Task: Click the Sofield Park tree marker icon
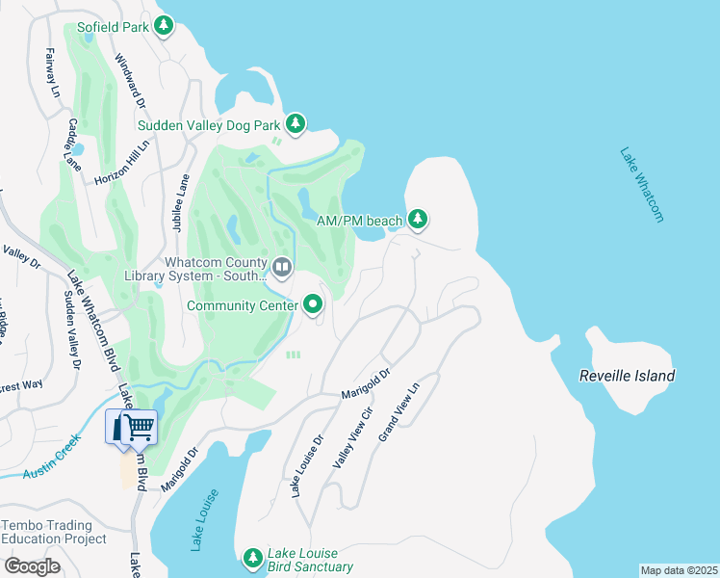click(164, 26)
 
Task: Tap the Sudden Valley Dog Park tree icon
click(296, 124)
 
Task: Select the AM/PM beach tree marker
click(417, 221)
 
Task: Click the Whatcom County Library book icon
click(282, 267)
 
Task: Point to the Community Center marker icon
click(313, 306)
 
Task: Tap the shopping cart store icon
click(132, 427)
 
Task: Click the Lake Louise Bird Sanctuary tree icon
click(252, 558)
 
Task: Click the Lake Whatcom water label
click(642, 185)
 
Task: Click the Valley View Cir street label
click(352, 437)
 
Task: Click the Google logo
click(33, 566)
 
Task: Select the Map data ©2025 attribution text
click(679, 570)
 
